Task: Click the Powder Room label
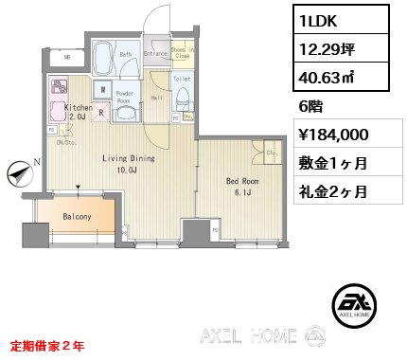point(125,98)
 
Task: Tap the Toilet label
point(183,79)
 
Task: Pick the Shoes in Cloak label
point(184,52)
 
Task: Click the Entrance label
point(155,55)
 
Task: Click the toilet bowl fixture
point(184,99)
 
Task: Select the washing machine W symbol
point(101,92)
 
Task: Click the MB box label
point(67,57)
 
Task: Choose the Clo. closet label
point(269,152)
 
